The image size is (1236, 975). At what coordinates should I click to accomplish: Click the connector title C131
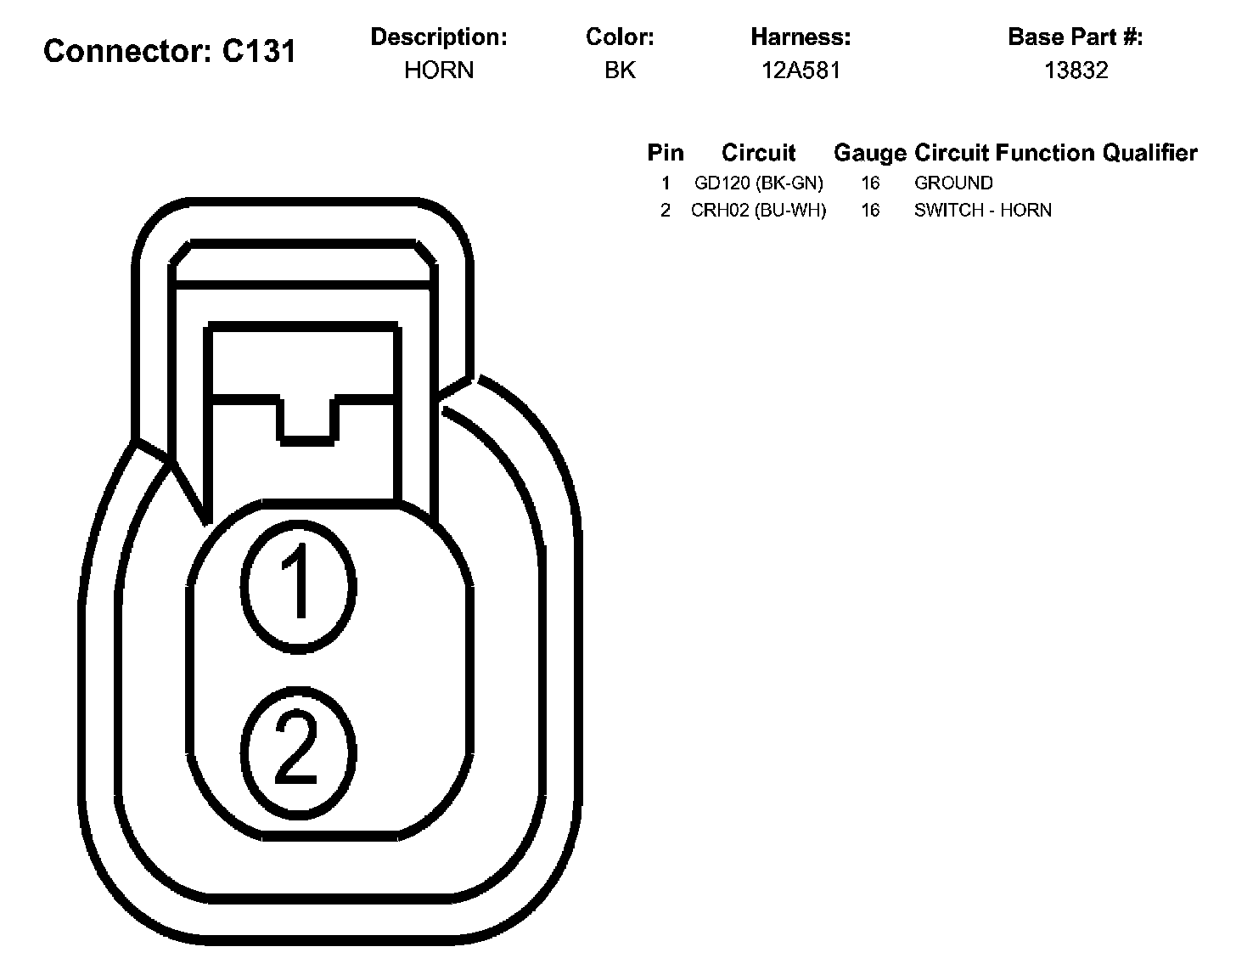click(x=170, y=52)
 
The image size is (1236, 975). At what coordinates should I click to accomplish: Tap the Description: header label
click(x=439, y=37)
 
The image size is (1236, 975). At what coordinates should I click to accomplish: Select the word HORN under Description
click(x=439, y=70)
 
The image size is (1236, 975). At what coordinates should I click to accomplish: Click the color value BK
click(x=620, y=70)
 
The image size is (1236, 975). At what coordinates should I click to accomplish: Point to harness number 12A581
click(x=801, y=70)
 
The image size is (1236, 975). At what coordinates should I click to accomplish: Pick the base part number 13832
click(x=1076, y=70)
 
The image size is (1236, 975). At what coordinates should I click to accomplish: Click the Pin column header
click(x=665, y=153)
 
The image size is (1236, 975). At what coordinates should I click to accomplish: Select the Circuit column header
click(x=758, y=153)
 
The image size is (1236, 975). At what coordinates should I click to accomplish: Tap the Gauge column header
click(x=870, y=153)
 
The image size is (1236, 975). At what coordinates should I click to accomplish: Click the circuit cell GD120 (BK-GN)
click(x=758, y=183)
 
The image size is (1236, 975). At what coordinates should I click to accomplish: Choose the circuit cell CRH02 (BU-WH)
click(x=758, y=211)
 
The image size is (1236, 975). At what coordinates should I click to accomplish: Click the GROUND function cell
click(x=953, y=183)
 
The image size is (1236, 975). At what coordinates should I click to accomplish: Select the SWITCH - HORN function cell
click(x=982, y=211)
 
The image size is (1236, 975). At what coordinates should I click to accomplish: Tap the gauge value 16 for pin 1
click(x=870, y=183)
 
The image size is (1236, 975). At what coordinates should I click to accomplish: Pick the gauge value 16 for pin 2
click(x=870, y=211)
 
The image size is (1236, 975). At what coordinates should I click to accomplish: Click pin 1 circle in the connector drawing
click(x=298, y=582)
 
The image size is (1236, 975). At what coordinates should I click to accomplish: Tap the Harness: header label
click(x=801, y=37)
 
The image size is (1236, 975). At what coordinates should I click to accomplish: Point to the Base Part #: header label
click(x=1075, y=37)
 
